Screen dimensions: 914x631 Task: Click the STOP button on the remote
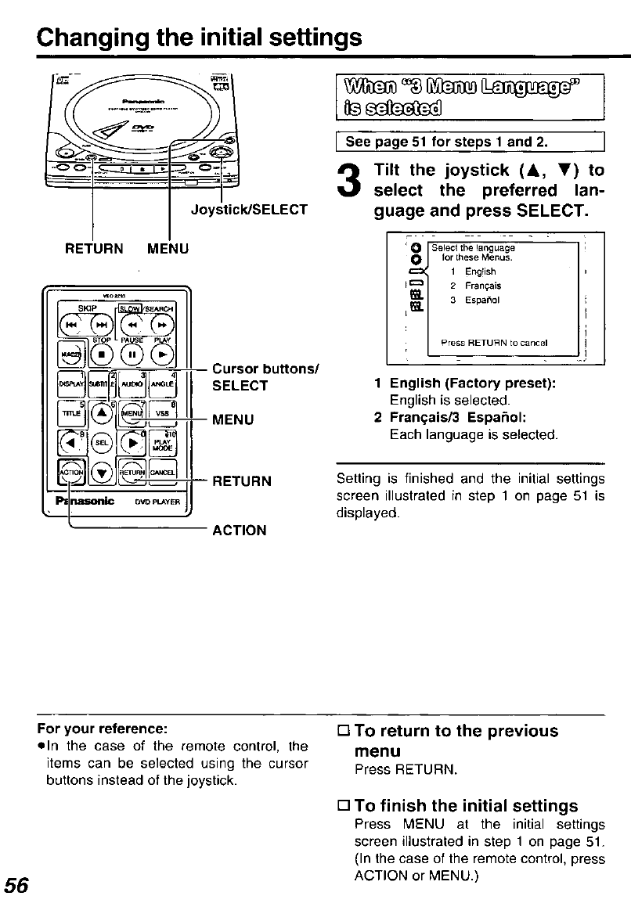[99, 347]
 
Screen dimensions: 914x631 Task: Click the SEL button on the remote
[101, 441]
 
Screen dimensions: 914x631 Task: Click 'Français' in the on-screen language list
[481, 286]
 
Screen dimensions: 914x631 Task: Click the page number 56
[18, 885]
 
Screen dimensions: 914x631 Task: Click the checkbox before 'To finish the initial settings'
[344, 806]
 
